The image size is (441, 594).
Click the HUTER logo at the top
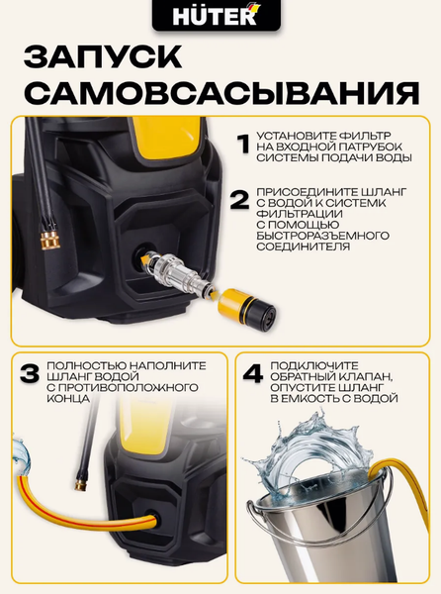pos(220,17)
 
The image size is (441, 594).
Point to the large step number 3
pos(30,375)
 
